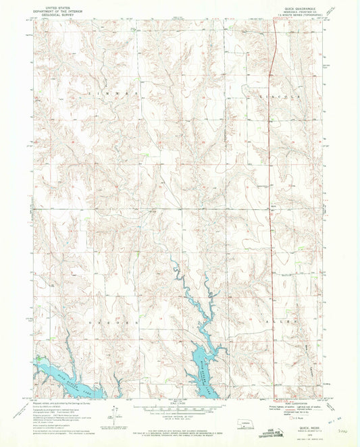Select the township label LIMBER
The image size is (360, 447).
click(x=111, y=90)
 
